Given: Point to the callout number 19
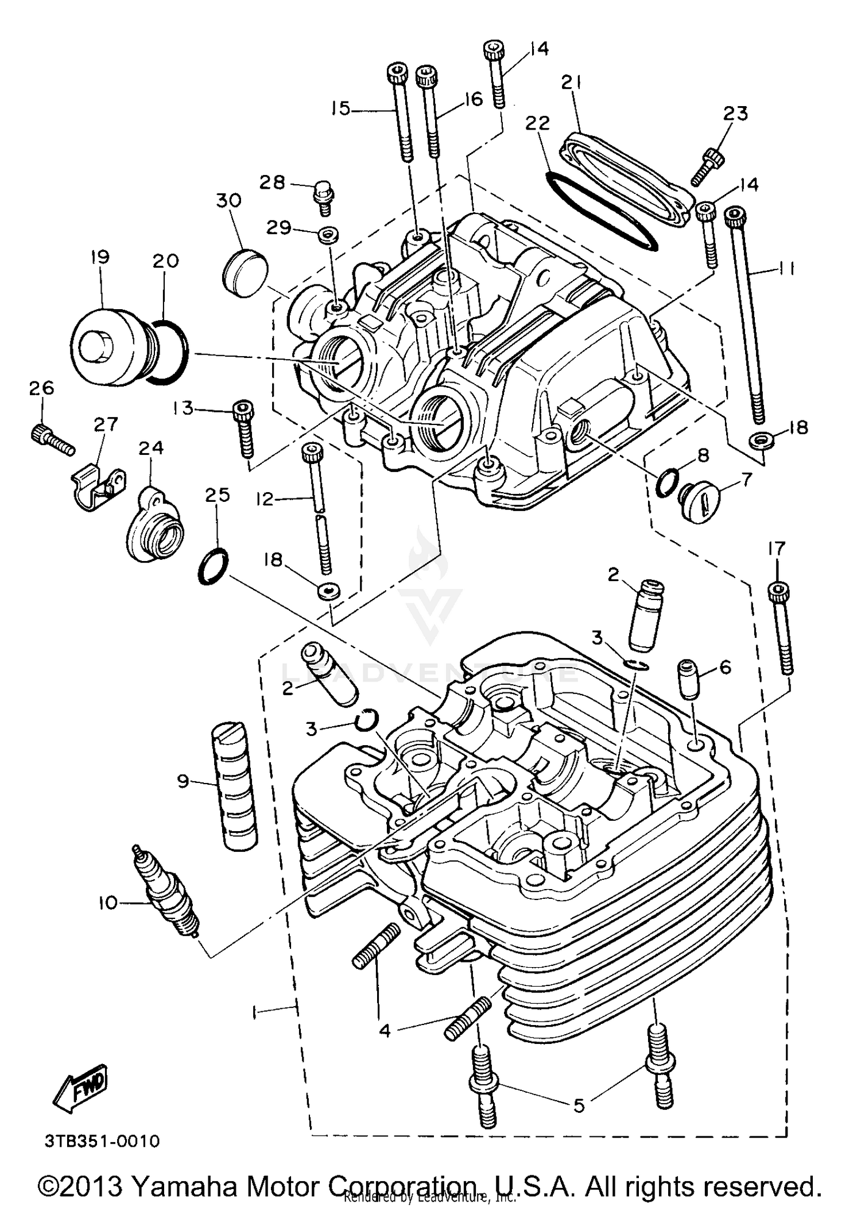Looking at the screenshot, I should [x=100, y=256].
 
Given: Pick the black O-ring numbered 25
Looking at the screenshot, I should [x=213, y=567].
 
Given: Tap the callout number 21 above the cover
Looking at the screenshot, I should [x=571, y=83].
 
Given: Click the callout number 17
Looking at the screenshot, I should [x=776, y=549].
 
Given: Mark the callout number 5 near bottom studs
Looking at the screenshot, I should [x=579, y=1105].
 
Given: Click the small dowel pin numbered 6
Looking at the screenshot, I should [x=689, y=679].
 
